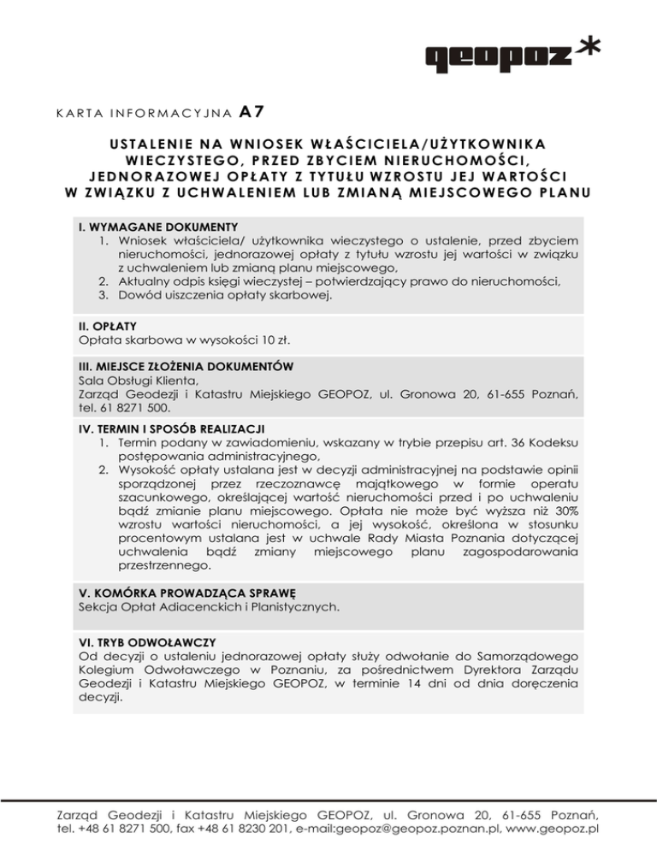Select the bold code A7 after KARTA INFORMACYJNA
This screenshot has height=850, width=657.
[x=250, y=110]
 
